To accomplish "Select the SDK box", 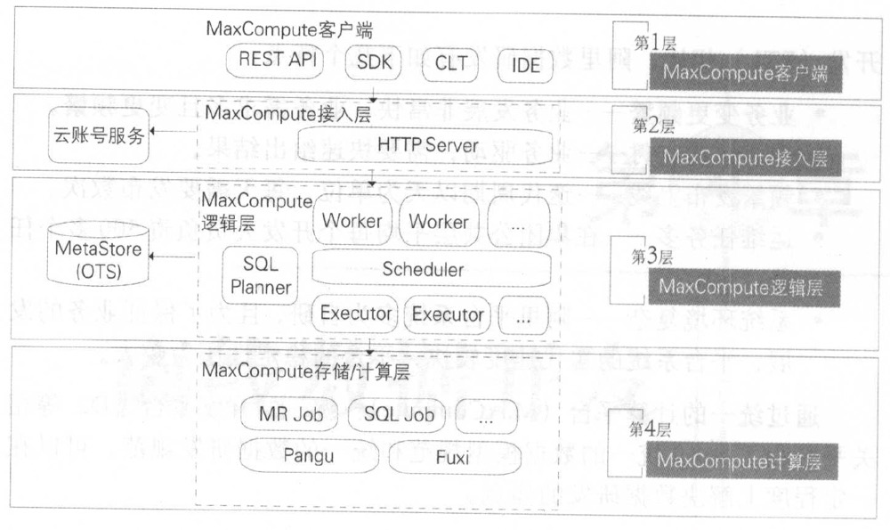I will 378,63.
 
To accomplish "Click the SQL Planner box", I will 261,274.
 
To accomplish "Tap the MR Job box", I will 283,414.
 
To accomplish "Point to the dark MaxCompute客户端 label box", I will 746,73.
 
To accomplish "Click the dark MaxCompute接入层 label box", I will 746,158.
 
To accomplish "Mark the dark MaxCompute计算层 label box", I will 746,462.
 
